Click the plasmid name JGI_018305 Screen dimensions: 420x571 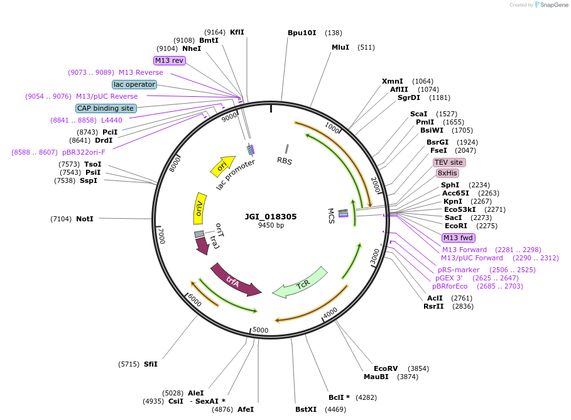[x=271, y=216]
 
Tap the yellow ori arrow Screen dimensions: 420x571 [x=222, y=166]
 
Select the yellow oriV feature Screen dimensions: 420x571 [x=200, y=208]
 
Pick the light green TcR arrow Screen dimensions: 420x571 [x=301, y=283]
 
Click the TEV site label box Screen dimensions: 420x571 [x=449, y=162]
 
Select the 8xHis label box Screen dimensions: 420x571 [x=447, y=173]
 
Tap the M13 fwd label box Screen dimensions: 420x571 [x=459, y=238]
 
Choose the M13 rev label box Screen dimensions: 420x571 [x=170, y=60]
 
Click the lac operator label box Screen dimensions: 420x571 [x=134, y=84]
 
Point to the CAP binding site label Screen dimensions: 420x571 [x=106, y=108]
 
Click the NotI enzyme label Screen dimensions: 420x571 [x=84, y=219]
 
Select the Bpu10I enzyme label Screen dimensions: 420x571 [x=302, y=33]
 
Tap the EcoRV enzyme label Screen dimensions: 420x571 [x=386, y=368]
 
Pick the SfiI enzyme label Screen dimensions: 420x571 [x=151, y=364]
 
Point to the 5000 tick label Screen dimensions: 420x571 [x=260, y=330]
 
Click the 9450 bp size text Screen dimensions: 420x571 [x=271, y=225]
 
